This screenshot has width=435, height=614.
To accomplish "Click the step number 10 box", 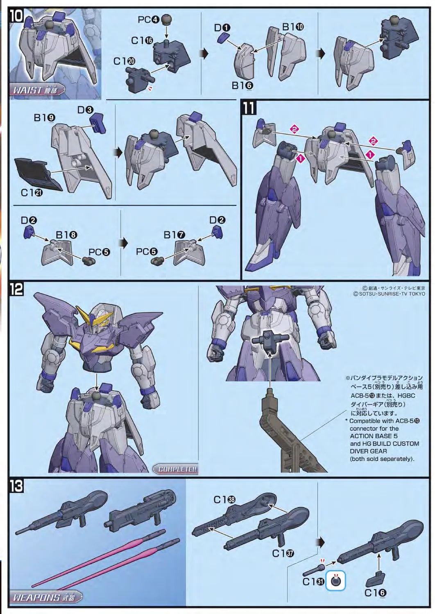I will pyautogui.click(x=18, y=18).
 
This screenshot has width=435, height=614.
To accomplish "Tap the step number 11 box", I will pyautogui.click(x=249, y=108).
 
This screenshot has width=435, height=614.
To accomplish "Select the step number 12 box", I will pyautogui.click(x=17, y=289).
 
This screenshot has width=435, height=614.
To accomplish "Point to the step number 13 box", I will pyautogui.click(x=17, y=486).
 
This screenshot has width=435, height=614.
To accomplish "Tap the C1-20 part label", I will pyautogui.click(x=125, y=61).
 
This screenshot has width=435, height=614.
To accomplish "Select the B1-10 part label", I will pyautogui.click(x=293, y=27).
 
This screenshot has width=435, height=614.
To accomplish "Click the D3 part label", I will pyautogui.click(x=85, y=110).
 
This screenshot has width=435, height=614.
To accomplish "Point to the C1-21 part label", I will pyautogui.click(x=32, y=192).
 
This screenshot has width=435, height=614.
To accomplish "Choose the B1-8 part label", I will pyautogui.click(x=66, y=235).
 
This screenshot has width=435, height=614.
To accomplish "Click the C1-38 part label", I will pyautogui.click(x=224, y=500).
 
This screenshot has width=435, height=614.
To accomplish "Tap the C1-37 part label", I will pyautogui.click(x=283, y=553).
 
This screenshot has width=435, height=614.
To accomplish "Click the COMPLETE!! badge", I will pyautogui.click(x=176, y=469).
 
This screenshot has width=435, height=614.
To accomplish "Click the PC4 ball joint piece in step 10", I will pyautogui.click(x=166, y=19).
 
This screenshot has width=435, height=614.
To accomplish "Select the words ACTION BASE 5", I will pyautogui.click(x=373, y=436).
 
